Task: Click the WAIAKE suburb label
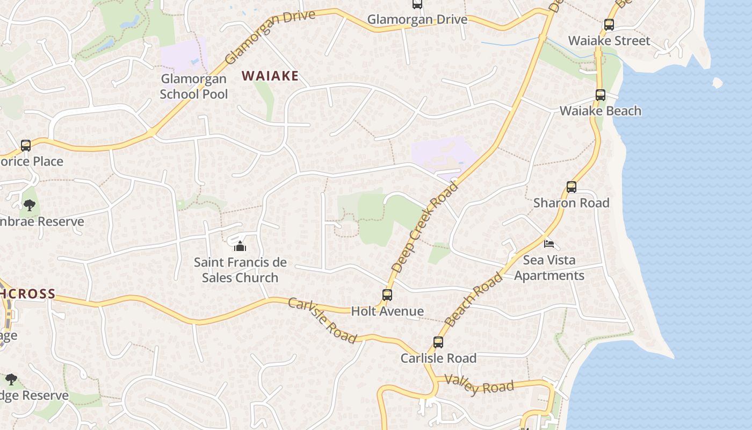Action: click(270, 76)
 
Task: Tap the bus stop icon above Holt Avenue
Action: click(387, 295)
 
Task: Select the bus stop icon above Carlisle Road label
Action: click(438, 342)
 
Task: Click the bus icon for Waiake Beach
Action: click(601, 95)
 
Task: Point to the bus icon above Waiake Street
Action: click(609, 25)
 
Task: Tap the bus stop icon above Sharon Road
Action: click(572, 187)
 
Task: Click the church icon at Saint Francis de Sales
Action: click(240, 246)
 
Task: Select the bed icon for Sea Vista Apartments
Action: click(549, 243)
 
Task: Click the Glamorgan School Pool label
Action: click(194, 87)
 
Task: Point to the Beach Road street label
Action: click(474, 299)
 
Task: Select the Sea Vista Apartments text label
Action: click(549, 268)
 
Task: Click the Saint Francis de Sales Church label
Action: click(240, 270)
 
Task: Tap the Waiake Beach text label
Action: click(601, 111)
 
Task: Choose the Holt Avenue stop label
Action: click(387, 311)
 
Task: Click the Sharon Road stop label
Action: click(572, 203)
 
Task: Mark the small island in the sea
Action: click(717, 83)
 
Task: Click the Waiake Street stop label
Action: click(609, 41)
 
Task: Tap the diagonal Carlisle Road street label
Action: click(322, 320)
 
